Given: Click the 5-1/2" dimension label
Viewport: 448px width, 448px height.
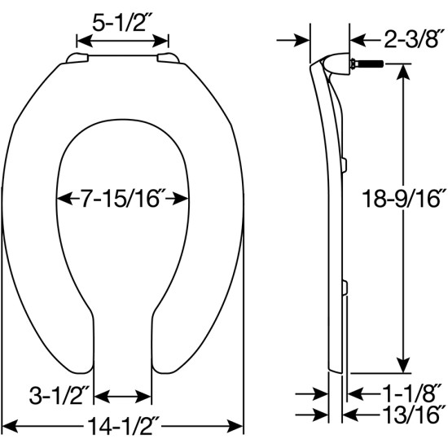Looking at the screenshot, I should click(122, 24).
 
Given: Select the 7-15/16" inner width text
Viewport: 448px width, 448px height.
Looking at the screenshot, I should click(123, 197).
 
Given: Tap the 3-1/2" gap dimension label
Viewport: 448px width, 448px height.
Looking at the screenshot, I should click(59, 397).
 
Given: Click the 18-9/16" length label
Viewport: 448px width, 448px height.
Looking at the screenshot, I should click(403, 197).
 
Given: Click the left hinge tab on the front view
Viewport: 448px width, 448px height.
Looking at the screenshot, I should click(77, 57).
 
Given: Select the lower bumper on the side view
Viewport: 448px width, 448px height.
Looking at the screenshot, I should click(345, 285).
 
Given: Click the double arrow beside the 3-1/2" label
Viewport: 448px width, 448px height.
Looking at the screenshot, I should click(123, 397).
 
